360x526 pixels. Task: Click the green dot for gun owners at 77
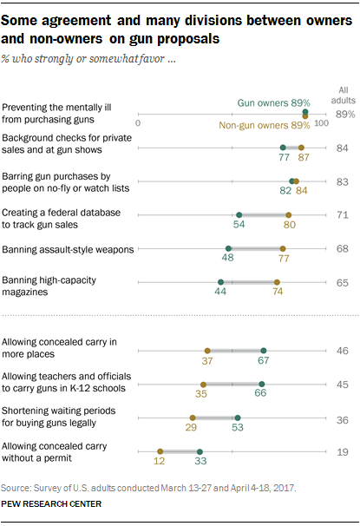click(283, 148)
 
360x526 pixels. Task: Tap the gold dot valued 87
click(301, 148)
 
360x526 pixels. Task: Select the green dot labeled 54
click(239, 214)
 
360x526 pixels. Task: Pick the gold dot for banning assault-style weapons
click(283, 248)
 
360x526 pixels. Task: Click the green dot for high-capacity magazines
click(220, 282)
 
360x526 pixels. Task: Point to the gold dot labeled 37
click(207, 351)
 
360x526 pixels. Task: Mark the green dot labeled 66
click(262, 385)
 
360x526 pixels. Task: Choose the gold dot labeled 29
click(193, 418)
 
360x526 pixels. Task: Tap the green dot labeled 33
click(200, 452)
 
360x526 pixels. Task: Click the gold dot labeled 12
click(160, 451)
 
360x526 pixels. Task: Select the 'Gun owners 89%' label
click(273, 103)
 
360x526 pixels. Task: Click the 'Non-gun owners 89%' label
click(264, 126)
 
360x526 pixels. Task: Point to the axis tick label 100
click(322, 123)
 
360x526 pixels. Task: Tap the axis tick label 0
click(138, 123)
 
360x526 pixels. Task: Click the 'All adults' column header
click(344, 95)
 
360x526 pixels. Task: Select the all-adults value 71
click(343, 214)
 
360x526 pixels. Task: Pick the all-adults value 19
click(343, 452)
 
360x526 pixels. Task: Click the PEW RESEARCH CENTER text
click(51, 503)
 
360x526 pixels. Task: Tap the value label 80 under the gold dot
click(290, 225)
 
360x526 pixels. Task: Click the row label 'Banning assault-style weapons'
click(68, 250)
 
